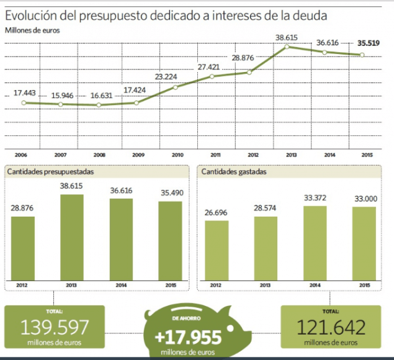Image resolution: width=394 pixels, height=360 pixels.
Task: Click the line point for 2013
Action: [287, 47]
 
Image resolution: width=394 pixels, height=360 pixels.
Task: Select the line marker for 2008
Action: [98, 105]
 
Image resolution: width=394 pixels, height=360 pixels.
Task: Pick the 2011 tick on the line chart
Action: [215, 154]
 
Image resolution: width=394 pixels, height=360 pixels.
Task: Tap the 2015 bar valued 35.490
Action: [170, 240]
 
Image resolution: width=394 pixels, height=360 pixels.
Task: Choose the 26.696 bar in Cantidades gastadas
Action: [217, 250]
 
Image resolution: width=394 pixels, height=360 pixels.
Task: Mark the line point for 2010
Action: [176, 87]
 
